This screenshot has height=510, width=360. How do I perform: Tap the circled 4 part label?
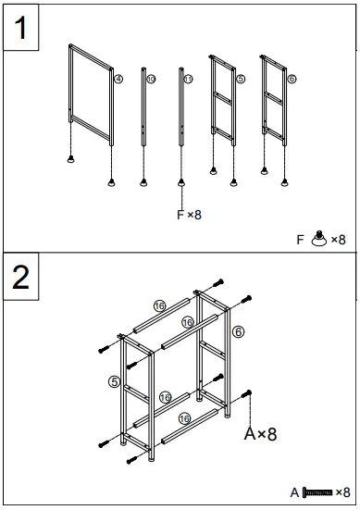click(118, 80)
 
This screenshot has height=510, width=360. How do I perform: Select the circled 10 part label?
click(151, 81)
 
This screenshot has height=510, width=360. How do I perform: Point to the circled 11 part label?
click(188, 81)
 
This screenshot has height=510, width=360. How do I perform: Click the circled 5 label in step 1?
click(241, 81)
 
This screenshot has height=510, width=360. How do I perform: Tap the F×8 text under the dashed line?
click(188, 215)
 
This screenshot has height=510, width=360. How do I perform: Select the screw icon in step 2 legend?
click(315, 492)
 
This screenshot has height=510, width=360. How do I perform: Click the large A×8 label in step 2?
click(259, 432)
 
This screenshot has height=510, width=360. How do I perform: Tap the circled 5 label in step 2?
click(114, 380)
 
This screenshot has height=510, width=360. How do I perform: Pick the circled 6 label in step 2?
click(238, 331)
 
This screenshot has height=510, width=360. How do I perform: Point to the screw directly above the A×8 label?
click(248, 395)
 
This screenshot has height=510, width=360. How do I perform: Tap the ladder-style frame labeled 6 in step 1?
click(273, 97)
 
